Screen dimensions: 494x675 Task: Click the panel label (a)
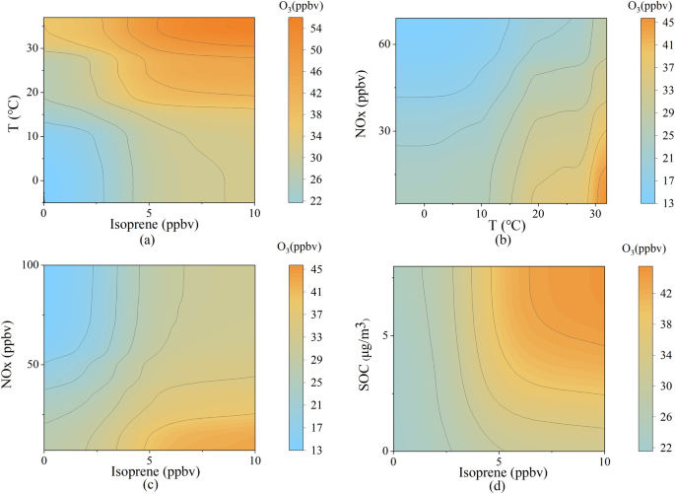(x=149, y=237)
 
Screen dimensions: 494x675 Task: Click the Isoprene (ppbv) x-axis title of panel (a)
(x=149, y=223)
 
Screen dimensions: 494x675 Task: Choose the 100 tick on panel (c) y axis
(x=28, y=265)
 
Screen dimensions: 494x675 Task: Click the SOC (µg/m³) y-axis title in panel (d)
(x=365, y=356)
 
